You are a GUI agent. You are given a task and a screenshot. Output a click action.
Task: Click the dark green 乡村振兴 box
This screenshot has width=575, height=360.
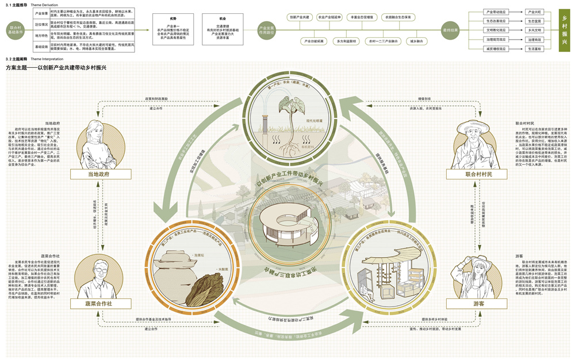click(564, 30)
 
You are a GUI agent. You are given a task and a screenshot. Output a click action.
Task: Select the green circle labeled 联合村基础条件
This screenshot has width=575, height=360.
click(16, 29)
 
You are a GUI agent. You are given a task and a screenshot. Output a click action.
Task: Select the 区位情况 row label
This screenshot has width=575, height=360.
click(41, 25)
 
